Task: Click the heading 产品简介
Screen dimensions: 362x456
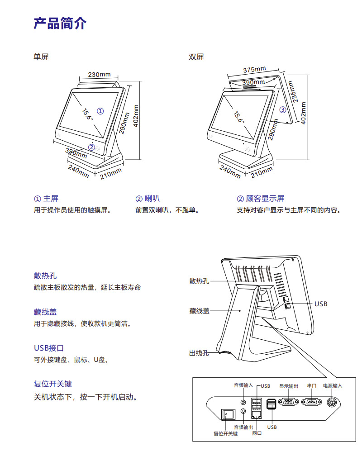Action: click(60, 24)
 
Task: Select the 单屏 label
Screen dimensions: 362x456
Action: click(41, 57)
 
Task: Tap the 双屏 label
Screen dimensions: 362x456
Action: click(196, 57)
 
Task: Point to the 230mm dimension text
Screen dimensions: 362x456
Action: click(99, 75)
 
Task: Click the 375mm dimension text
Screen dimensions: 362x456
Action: click(254, 70)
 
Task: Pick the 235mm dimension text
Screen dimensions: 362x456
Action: click(293, 91)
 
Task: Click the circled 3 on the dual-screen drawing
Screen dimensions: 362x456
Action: click(282, 109)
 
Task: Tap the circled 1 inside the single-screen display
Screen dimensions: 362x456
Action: click(100, 111)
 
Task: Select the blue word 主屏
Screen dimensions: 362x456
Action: click(51, 199)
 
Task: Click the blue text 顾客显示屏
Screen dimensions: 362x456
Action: click(265, 199)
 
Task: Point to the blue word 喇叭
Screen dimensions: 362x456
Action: click(152, 199)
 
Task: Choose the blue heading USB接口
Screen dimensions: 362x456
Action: click(49, 348)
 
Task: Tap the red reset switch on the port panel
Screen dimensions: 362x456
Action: click(228, 415)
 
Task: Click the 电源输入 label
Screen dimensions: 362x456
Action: click(333, 386)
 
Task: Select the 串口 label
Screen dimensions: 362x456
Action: click(312, 386)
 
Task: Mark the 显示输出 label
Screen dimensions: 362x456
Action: click(289, 386)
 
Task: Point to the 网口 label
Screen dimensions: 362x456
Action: click(257, 433)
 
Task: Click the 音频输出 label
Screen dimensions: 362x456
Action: click(243, 427)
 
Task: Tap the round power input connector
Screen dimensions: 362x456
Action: click(332, 403)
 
